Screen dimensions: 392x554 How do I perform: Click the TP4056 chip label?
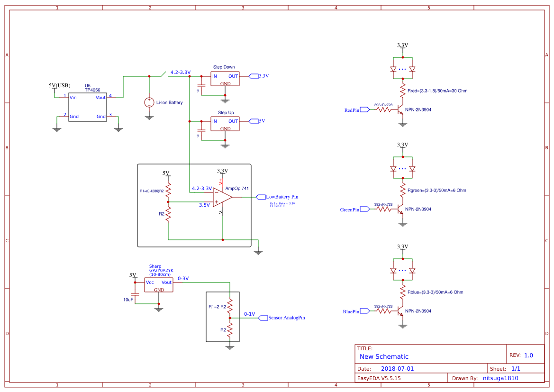click(x=92, y=90)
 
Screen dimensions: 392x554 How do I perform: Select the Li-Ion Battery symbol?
click(x=149, y=102)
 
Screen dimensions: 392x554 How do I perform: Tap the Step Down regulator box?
click(x=225, y=79)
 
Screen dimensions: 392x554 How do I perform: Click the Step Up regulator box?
click(x=225, y=125)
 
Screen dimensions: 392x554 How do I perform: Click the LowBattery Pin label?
click(x=282, y=197)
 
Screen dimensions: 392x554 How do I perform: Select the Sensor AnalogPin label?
click(x=286, y=318)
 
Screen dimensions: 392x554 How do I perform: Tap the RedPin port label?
click(x=352, y=110)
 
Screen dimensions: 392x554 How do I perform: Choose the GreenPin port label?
click(x=349, y=210)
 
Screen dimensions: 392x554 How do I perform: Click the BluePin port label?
click(x=351, y=311)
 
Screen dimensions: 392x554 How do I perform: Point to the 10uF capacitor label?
click(x=128, y=300)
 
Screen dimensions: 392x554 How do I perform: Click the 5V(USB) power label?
click(x=59, y=85)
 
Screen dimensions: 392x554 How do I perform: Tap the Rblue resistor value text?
click(x=435, y=292)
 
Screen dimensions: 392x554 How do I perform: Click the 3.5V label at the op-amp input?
click(x=204, y=205)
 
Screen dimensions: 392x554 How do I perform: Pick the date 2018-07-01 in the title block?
click(x=397, y=369)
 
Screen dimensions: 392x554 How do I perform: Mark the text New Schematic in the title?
click(x=384, y=356)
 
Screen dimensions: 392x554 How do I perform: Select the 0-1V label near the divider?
click(x=249, y=314)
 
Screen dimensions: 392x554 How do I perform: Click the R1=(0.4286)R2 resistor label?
click(x=152, y=191)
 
